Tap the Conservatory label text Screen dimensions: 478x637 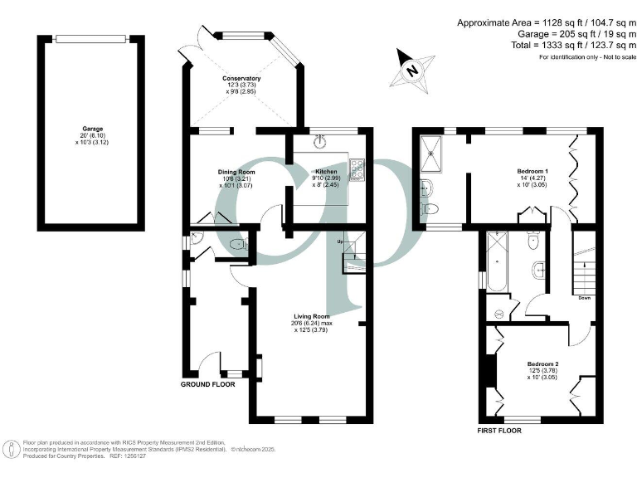[229, 78]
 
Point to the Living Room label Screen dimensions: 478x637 [311, 316]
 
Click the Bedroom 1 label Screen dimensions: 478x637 [527, 173]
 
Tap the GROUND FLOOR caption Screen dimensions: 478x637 [208, 384]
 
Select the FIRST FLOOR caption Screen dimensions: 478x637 [503, 431]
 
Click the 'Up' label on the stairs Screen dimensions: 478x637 [340, 241]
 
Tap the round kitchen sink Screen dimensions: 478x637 [319, 140]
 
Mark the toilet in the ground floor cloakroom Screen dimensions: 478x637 [238, 245]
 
